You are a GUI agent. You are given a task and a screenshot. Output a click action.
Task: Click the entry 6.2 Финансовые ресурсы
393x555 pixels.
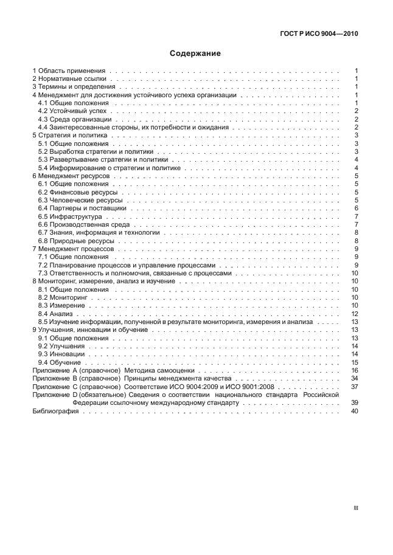pos(78,192)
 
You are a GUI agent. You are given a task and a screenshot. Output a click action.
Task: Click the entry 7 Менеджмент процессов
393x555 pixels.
pos(73,249)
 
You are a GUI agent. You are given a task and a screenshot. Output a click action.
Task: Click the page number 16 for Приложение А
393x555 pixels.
pos(354,370)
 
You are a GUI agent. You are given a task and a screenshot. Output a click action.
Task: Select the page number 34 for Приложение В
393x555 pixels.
pos(354,378)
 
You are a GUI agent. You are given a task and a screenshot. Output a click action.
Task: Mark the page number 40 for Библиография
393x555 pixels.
pos(354,412)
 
